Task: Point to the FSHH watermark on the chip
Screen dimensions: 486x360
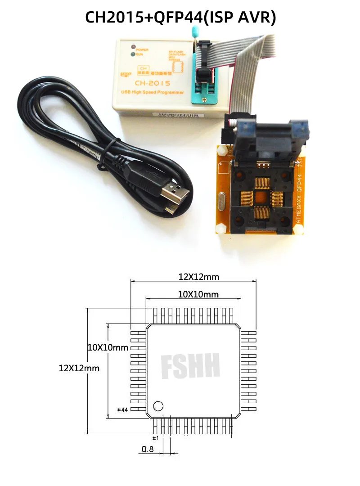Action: pos(190,365)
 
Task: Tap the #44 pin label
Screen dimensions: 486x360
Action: pos(123,409)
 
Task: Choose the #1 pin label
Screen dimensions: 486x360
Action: pos(155,438)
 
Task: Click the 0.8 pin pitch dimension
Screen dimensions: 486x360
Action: pos(148,449)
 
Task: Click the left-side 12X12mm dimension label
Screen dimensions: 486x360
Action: pos(79,368)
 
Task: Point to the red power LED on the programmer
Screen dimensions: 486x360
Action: pos(133,47)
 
